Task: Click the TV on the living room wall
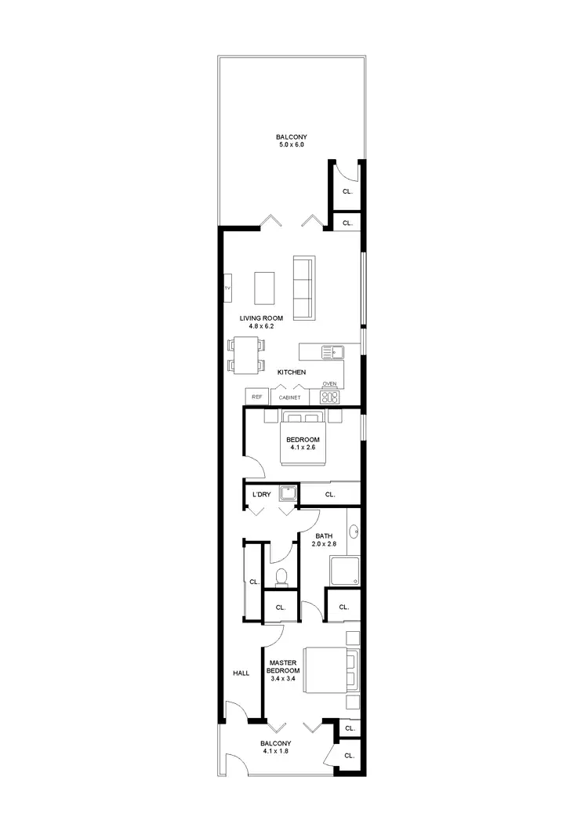[x=227, y=288]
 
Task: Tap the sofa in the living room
[x=303, y=288]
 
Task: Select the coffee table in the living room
[x=265, y=288]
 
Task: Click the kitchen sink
[x=332, y=351]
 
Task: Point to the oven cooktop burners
[x=330, y=397]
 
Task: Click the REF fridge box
[x=256, y=397]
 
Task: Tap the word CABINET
[x=289, y=397]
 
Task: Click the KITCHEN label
[x=291, y=372]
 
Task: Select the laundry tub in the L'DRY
[x=289, y=494]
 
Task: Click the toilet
[x=281, y=577]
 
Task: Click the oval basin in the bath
[x=354, y=532]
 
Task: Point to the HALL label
[x=241, y=673]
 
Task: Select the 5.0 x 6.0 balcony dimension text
[x=291, y=145]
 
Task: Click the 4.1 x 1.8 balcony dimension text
[x=276, y=752]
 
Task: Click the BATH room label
[x=324, y=536]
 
